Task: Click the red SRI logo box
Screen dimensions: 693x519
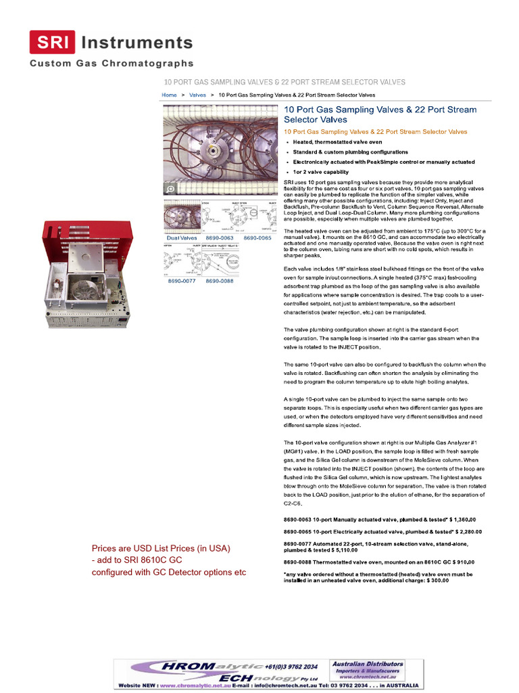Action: click(51, 43)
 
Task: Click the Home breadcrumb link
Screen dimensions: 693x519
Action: click(169, 95)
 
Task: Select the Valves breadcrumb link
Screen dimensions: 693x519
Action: click(197, 95)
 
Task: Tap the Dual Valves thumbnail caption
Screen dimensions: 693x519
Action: click(182, 238)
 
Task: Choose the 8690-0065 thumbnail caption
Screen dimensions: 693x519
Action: click(257, 238)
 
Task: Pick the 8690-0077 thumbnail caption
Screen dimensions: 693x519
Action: click(182, 281)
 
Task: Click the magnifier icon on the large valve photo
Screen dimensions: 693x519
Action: click(171, 189)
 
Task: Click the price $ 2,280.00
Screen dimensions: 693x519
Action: click(461, 532)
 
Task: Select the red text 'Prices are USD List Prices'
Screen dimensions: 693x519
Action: click(161, 547)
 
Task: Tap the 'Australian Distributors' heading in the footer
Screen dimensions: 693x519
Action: click(368, 664)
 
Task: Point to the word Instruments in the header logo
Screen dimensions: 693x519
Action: click(137, 43)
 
